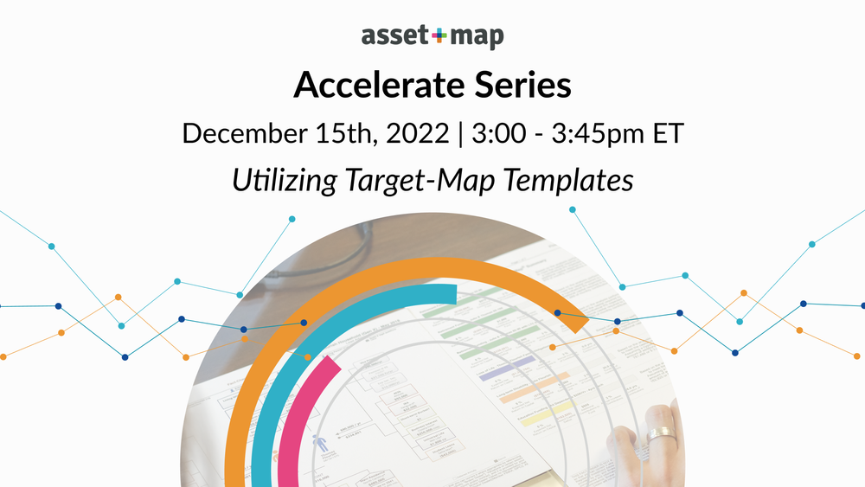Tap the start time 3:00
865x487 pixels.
490,134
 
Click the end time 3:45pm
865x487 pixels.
593,134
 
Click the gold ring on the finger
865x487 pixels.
663,432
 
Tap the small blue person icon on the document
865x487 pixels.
324,443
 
